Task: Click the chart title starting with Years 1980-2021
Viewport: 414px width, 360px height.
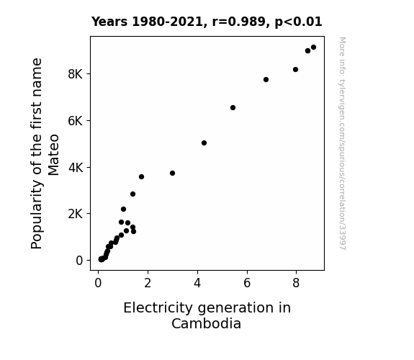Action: tap(207, 22)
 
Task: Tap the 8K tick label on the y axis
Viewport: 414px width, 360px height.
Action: tap(76, 74)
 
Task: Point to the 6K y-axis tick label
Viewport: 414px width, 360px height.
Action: tap(76, 121)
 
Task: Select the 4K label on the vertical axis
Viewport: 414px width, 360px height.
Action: tap(76, 168)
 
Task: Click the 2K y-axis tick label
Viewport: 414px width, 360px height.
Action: tap(76, 214)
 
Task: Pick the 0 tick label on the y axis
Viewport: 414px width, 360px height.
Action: tap(79, 261)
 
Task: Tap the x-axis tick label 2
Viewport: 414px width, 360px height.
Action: tap(148, 283)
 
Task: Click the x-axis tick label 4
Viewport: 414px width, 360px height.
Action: tap(197, 283)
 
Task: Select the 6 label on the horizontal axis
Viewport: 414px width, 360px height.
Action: tap(247, 283)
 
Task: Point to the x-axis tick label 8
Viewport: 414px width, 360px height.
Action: tap(296, 283)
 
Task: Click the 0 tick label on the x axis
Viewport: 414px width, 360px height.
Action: tap(98, 283)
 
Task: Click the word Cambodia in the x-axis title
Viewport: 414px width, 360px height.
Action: tap(206, 323)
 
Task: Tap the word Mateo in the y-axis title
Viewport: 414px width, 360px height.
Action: tap(53, 155)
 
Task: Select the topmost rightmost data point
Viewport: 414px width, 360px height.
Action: tap(313, 48)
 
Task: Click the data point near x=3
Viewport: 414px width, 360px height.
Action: tap(172, 174)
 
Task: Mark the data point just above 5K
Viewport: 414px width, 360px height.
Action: tap(204, 143)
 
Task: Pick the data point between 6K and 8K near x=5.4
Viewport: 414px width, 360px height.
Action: tap(233, 108)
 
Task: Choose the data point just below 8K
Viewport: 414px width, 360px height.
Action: tap(266, 79)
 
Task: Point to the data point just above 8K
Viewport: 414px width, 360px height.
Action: tap(295, 69)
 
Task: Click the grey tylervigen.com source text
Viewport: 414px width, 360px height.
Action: tap(343, 143)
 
